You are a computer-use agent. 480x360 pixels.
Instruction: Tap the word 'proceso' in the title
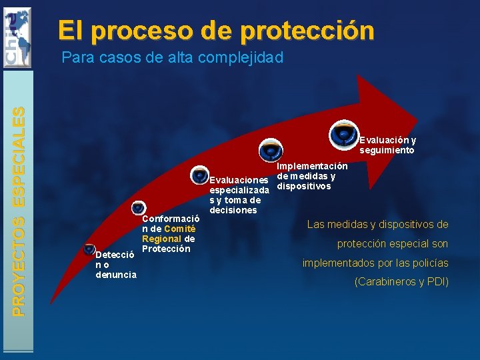155,31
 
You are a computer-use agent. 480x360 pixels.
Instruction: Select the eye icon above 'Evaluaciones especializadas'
199,175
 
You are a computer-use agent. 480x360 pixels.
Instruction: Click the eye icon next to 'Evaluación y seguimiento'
343,133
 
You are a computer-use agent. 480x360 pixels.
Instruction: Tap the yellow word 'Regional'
162,239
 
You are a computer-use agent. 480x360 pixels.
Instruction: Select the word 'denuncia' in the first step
116,275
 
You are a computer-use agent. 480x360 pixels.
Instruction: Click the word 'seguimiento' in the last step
387,150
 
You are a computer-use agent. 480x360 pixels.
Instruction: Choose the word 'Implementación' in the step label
313,165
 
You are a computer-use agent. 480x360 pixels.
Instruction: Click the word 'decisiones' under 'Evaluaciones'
233,210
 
